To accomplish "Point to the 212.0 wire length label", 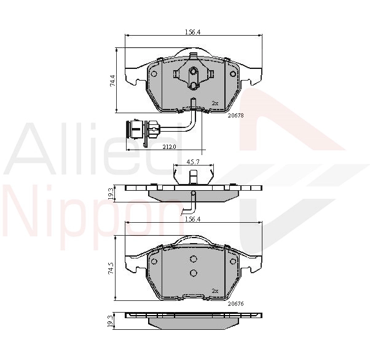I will (170, 146).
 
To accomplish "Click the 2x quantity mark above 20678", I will (215, 103).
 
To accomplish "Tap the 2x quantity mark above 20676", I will (215, 290).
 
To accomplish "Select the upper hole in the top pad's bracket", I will (193, 71).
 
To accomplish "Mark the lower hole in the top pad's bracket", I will (193, 86).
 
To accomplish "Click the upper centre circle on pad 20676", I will (193, 259).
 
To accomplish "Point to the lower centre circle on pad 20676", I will (193, 273).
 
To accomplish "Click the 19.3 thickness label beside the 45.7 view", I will (111, 194).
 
